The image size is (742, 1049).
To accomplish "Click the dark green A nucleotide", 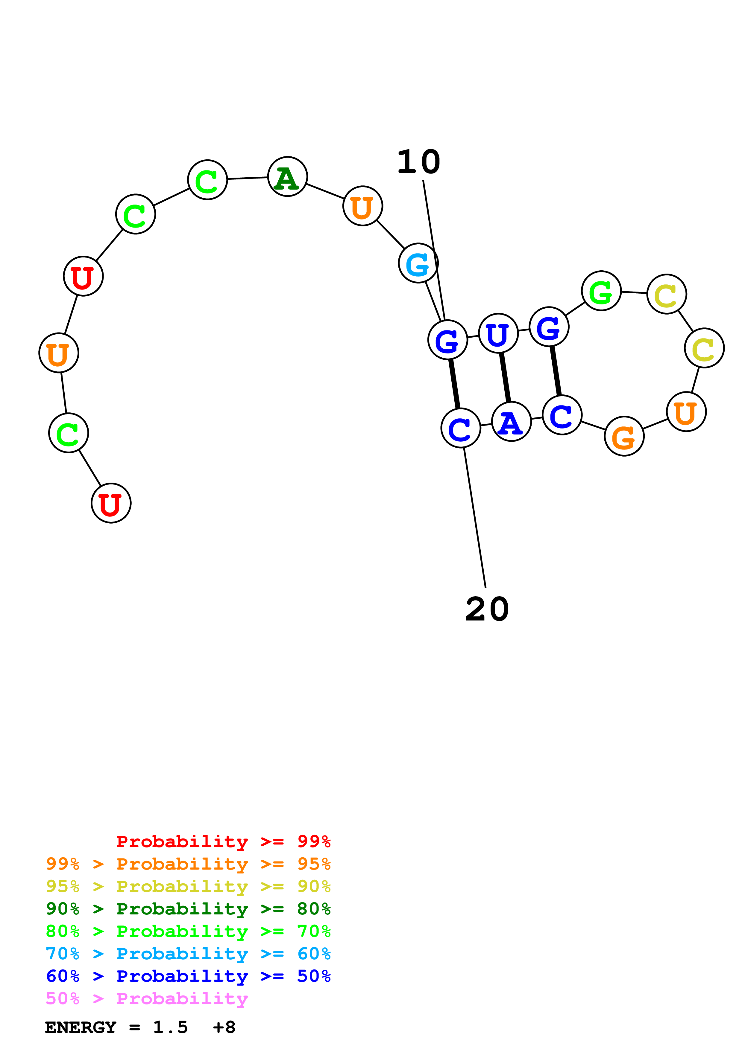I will point(287,177).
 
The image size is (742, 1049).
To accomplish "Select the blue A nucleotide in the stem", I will point(511,422).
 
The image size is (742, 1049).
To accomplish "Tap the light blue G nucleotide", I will point(418,263).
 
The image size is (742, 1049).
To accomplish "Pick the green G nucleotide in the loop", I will point(601,291).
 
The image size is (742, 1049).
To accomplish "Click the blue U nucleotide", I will point(498,333).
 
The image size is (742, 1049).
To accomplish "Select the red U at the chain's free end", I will point(111,503).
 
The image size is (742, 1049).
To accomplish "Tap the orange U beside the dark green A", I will point(362,206).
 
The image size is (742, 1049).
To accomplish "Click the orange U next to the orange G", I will point(686,412).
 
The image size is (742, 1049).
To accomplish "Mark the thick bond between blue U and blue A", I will point(505,377).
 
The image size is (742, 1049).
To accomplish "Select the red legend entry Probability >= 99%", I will point(223,841).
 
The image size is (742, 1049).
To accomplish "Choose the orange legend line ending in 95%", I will point(188,864).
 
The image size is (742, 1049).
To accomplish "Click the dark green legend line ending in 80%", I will point(188,909).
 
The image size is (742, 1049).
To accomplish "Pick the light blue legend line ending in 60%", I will point(188,954).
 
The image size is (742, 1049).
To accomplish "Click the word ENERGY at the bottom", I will point(81,1027).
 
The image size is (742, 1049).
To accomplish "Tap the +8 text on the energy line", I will point(224,1027).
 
